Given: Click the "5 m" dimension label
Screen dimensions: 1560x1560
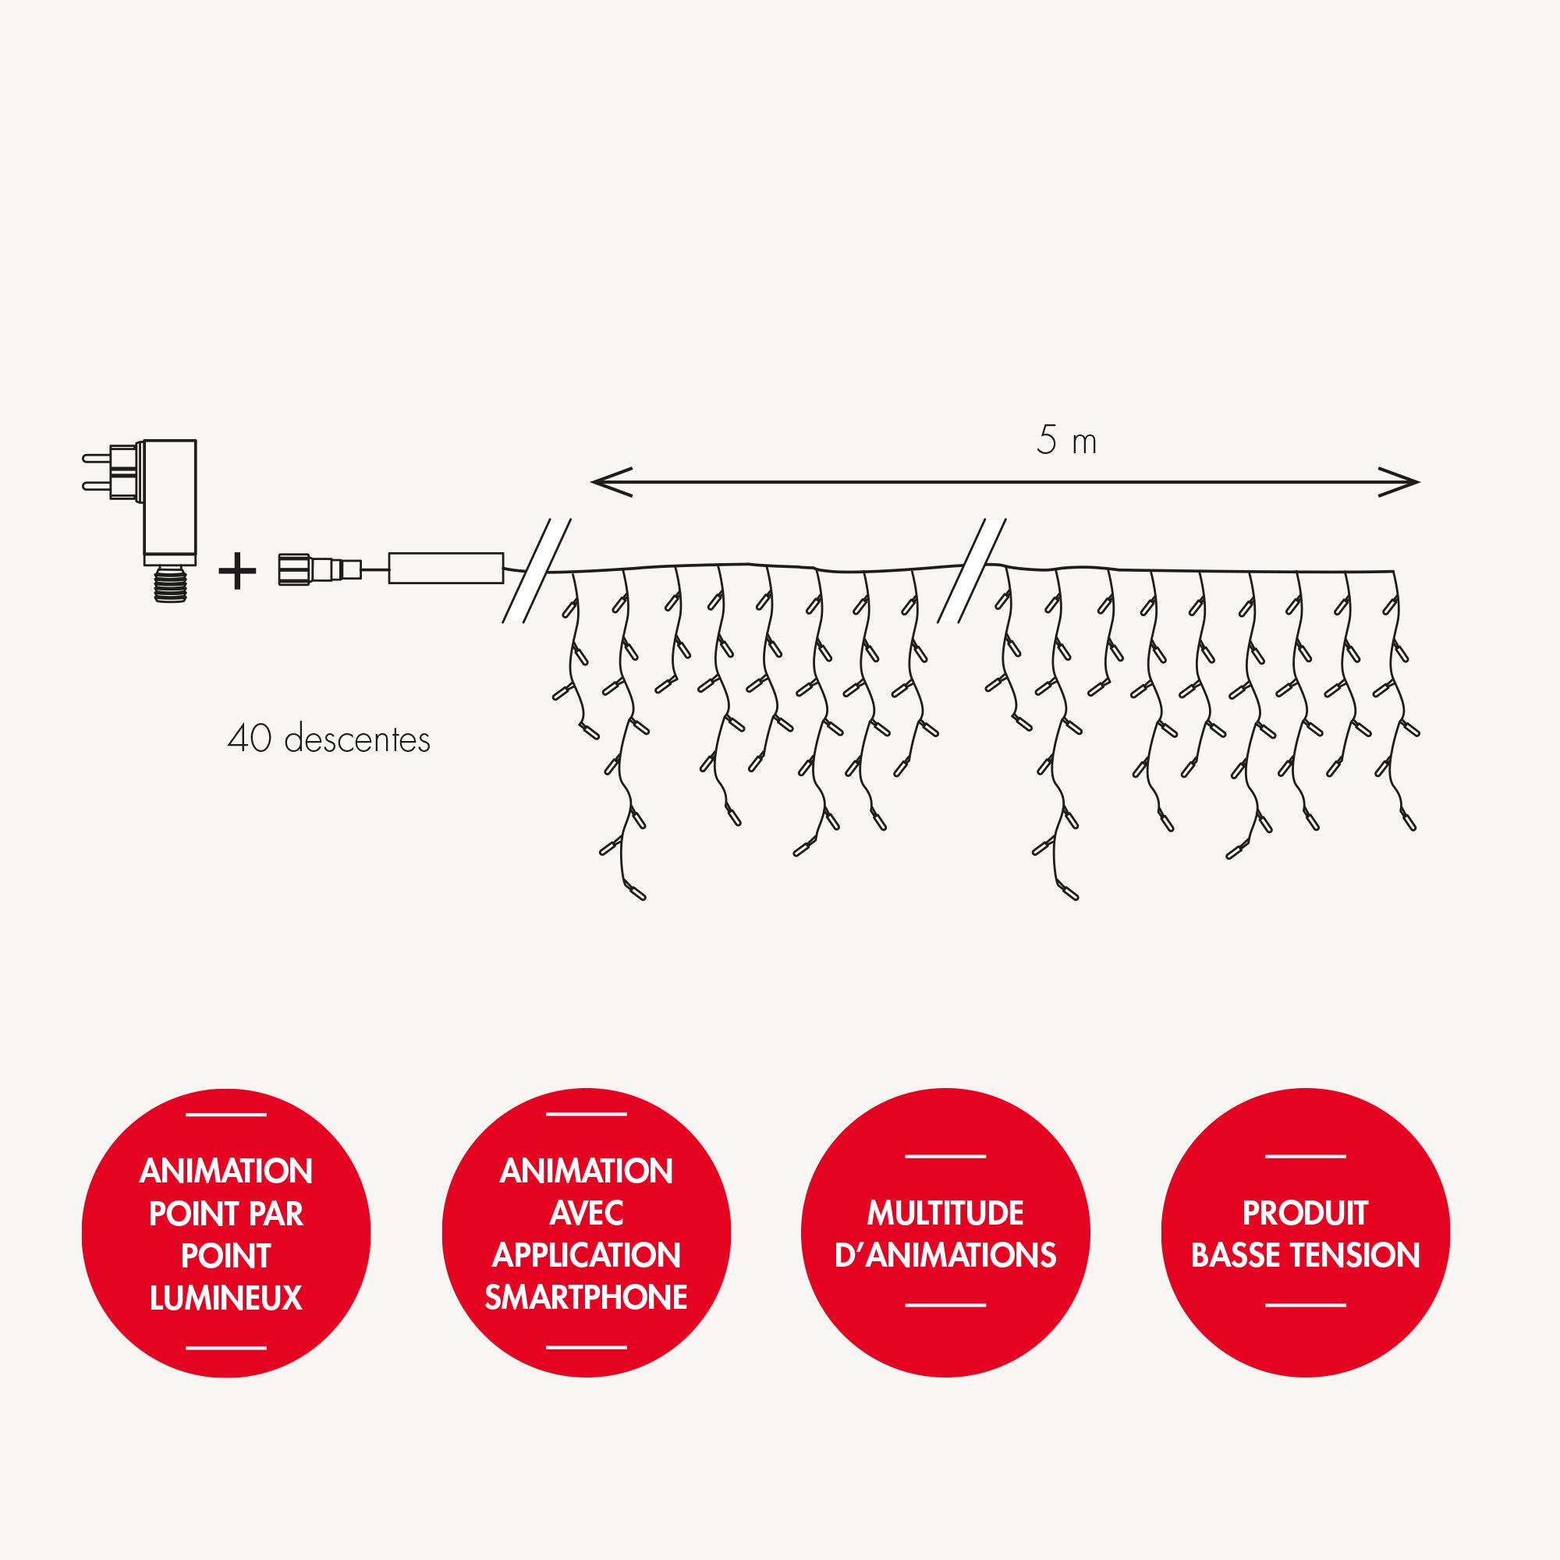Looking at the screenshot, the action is coord(1065,441).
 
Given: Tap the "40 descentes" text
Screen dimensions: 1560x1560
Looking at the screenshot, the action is coord(328,739).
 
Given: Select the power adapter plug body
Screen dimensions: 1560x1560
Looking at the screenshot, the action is coord(168,502).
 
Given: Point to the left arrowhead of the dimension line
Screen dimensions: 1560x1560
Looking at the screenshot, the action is coord(612,482).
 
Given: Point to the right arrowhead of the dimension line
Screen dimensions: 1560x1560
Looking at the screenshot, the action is coord(1398,482).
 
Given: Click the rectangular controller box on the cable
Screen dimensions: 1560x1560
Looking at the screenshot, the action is coord(445,569).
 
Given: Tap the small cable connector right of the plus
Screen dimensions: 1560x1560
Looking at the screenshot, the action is coord(321,569).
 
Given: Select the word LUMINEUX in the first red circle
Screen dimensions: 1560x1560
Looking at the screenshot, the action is coord(226,1298).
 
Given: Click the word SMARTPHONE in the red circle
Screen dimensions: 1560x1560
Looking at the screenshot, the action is coord(587,1297).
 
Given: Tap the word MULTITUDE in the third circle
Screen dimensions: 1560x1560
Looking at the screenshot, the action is coord(945,1213).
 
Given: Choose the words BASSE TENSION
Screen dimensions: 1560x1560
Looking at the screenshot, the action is coord(1306,1256).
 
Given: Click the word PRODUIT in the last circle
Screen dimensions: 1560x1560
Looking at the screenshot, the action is coord(1306,1213).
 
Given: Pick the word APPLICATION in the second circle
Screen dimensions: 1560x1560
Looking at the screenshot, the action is coord(587,1255).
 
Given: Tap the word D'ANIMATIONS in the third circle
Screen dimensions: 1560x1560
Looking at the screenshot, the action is coord(945,1256).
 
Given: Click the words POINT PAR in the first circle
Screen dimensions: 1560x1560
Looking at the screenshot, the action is coord(226,1214).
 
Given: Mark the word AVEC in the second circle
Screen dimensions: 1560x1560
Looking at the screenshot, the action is coord(587,1213).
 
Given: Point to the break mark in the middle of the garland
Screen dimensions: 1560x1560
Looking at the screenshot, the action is coord(971,570).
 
